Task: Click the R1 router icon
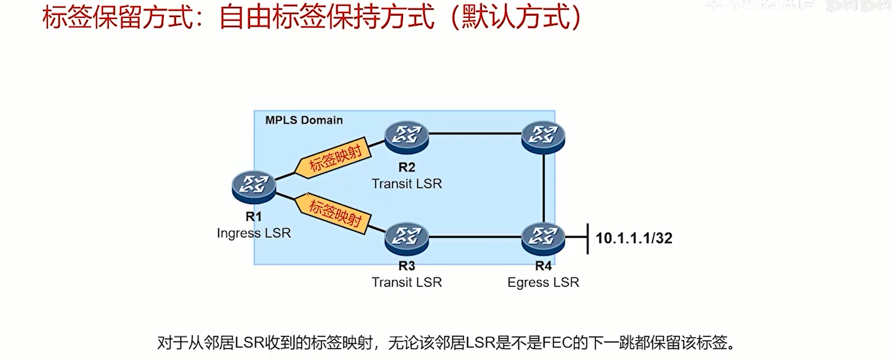coord(254,186)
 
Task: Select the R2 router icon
coord(406,137)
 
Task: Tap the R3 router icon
coord(406,238)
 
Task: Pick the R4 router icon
coord(543,238)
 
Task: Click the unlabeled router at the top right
coord(543,137)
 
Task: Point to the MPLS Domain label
coord(304,120)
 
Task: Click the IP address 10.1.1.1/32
coord(634,238)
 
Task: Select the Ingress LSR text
coord(254,233)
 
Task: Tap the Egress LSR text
coord(543,282)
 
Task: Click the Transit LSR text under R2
coord(406,184)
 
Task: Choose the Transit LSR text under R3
coord(406,282)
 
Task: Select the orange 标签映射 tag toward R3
coord(334,213)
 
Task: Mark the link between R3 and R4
coord(475,237)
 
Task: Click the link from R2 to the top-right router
coord(475,133)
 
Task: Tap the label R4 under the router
coord(543,266)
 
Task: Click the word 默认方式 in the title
coord(515,17)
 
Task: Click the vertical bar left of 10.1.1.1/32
coord(588,238)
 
